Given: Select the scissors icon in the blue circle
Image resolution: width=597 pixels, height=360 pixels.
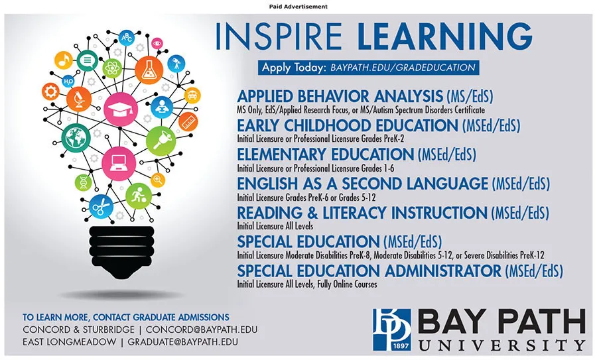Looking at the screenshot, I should pyautogui.click(x=101, y=207).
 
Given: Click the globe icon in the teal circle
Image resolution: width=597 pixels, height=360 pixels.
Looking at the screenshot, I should pyautogui.click(x=76, y=139).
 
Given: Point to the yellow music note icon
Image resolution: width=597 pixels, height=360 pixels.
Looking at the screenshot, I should pyautogui.click(x=64, y=60).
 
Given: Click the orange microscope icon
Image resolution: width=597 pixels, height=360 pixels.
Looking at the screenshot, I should pyautogui.click(x=78, y=99).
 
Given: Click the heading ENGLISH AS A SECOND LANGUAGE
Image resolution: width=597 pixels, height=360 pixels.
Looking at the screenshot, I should pyautogui.click(x=362, y=183).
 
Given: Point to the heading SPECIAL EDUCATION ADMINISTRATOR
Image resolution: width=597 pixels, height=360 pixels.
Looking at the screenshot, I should pyautogui.click(x=369, y=270).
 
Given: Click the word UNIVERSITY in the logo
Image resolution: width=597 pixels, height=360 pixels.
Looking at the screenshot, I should pyautogui.click(x=501, y=345).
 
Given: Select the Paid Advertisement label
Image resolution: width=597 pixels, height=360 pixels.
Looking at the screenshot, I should pyautogui.click(x=298, y=6).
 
